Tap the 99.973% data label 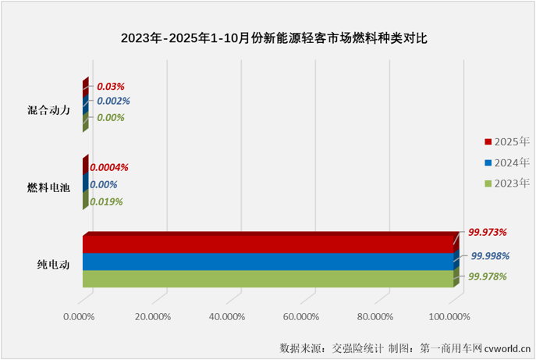coord(488,232)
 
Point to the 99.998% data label coord(490,256)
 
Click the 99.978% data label coord(488,276)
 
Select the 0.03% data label coord(110,86)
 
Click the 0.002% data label coord(112,102)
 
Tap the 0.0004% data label coord(109,167)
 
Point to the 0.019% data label coord(107,201)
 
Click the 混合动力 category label coord(49,110)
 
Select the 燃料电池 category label coord(49,187)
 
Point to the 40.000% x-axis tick coord(227,317)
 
